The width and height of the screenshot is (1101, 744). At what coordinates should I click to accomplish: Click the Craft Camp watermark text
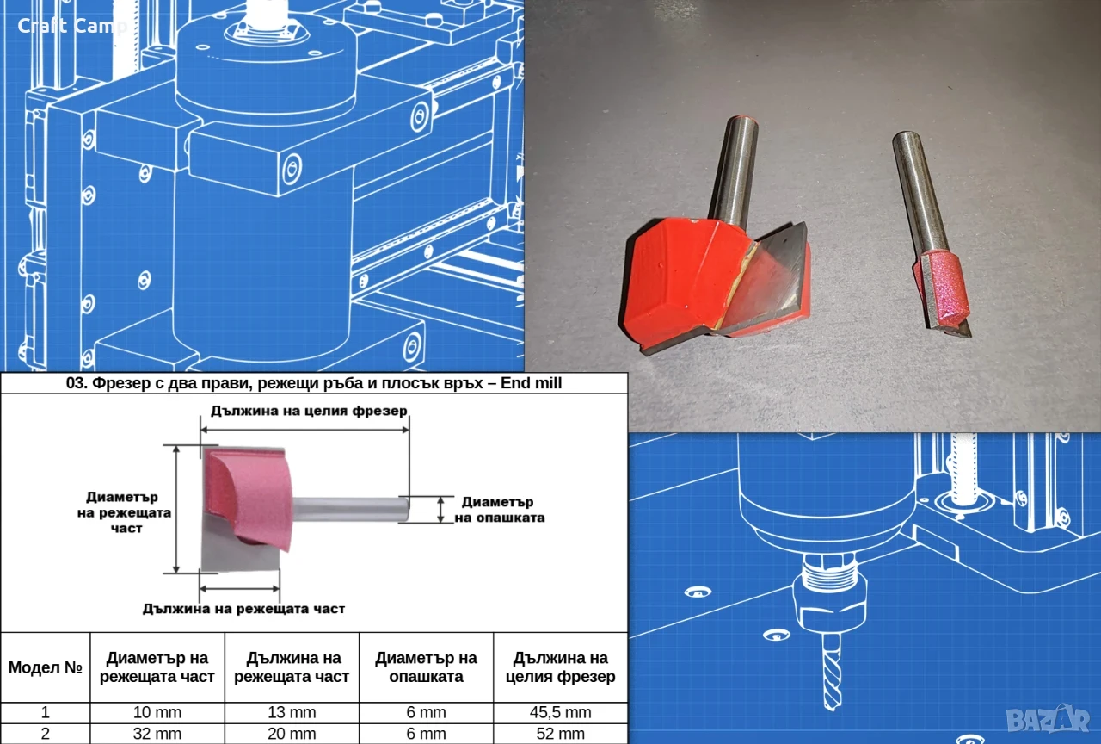click(x=72, y=26)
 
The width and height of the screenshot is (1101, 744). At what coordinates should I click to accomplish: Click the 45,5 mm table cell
click(x=560, y=712)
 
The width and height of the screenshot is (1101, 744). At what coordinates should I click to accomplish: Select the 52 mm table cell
click(x=560, y=734)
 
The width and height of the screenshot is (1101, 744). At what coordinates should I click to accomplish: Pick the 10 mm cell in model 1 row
click(x=157, y=712)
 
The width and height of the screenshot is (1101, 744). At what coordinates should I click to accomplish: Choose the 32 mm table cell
click(x=157, y=734)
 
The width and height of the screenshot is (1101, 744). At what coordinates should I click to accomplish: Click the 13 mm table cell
click(x=292, y=712)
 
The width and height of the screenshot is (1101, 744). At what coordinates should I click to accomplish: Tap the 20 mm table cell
click(x=292, y=734)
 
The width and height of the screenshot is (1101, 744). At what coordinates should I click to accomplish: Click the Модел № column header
click(x=46, y=667)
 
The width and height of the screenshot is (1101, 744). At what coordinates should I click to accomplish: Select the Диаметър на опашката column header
click(x=426, y=667)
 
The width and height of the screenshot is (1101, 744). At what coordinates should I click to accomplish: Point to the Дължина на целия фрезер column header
click(x=560, y=667)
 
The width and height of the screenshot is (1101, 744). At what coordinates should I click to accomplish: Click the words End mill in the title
click(x=531, y=383)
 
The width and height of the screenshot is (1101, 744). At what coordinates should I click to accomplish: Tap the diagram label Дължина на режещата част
click(x=243, y=609)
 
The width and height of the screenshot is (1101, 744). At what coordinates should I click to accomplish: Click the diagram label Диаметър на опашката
click(x=499, y=510)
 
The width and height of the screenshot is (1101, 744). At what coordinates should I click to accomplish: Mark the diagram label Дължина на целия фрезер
click(x=309, y=411)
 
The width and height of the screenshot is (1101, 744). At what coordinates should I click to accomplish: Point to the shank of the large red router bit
click(x=734, y=170)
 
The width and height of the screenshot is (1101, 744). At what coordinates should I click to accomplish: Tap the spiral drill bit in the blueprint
click(x=831, y=671)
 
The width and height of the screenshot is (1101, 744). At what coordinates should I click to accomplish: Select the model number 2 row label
click(x=46, y=734)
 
